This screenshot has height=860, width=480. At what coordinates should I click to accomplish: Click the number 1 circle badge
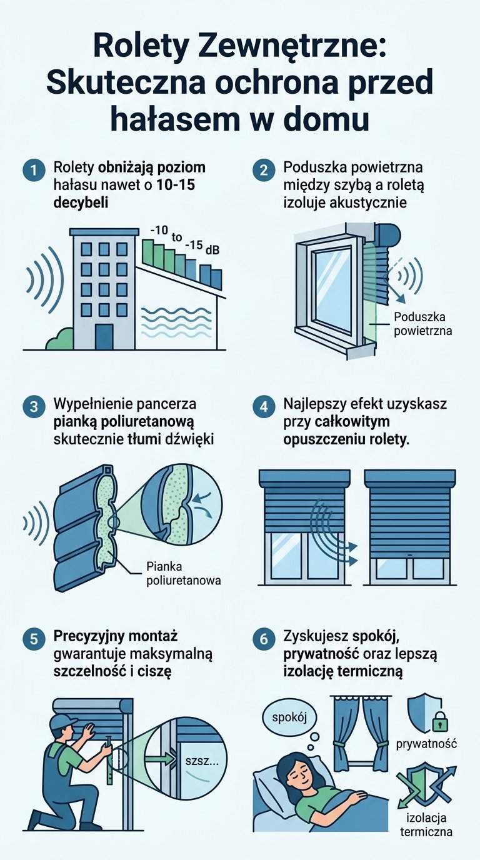pyautogui.click(x=33, y=171)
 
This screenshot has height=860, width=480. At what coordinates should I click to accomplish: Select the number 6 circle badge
pyautogui.click(x=264, y=640)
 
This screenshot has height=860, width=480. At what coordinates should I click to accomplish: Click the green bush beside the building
pyautogui.click(x=59, y=338)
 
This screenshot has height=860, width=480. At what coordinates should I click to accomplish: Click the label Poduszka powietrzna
pyautogui.click(x=422, y=323)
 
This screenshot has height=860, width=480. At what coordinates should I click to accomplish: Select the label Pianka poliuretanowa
pyautogui.click(x=182, y=574)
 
